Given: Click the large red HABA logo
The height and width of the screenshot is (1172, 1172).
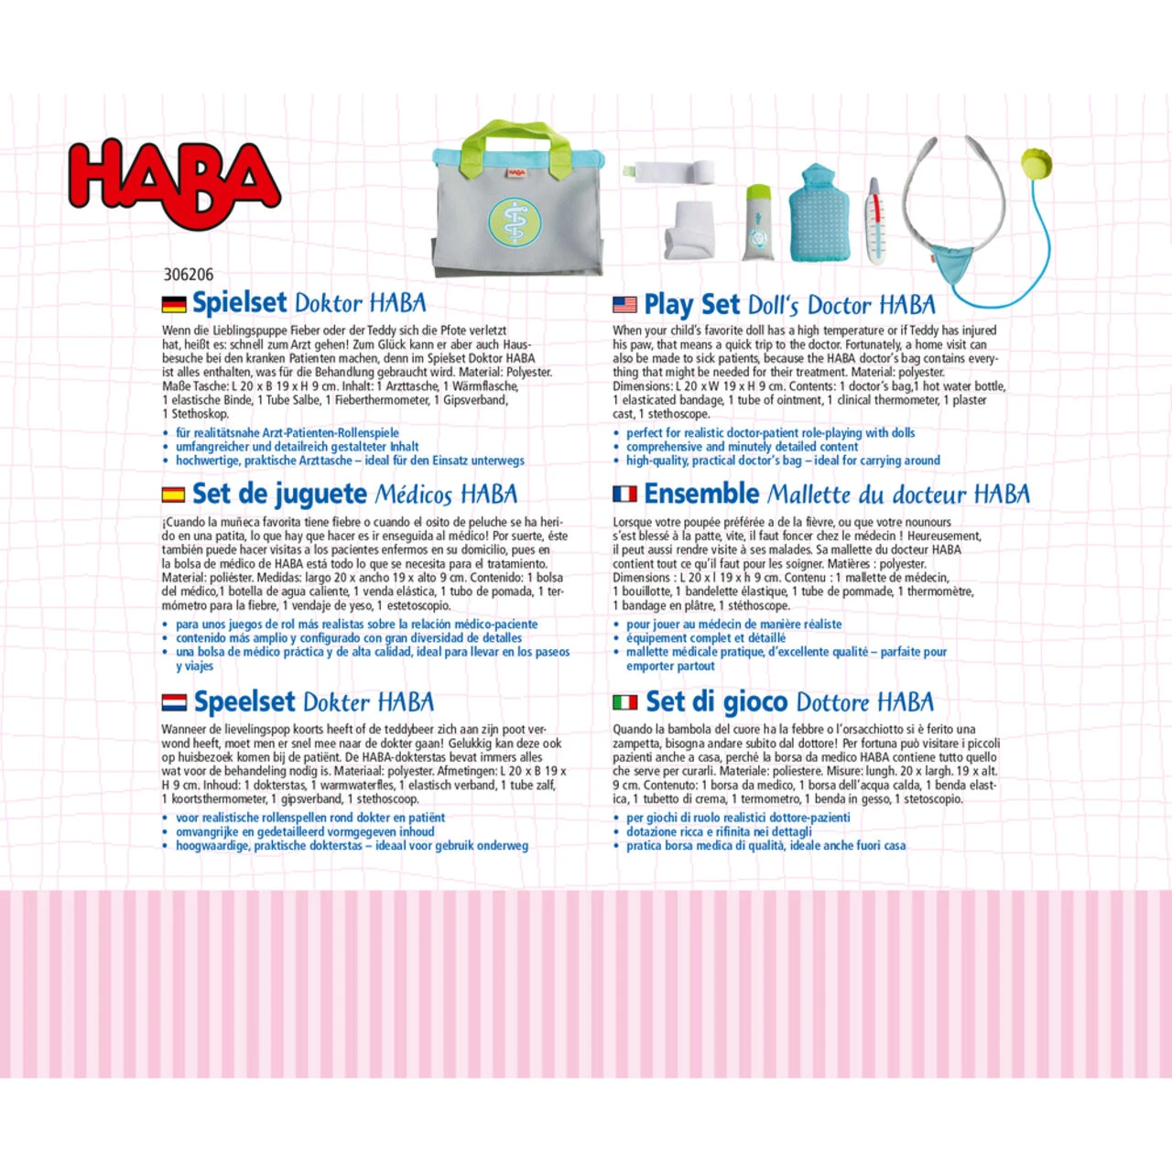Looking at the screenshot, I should coord(174,183).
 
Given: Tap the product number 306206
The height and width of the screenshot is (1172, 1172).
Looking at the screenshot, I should coord(188,274).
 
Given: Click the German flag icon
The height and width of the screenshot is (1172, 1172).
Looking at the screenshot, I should coord(173,305).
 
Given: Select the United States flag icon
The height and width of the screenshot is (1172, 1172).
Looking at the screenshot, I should coord(624,305).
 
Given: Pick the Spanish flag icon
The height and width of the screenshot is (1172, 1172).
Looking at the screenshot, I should coord(173,494).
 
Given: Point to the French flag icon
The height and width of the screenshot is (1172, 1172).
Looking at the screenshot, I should coord(624,494).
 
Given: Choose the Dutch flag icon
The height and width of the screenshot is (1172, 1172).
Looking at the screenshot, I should coord(173,702).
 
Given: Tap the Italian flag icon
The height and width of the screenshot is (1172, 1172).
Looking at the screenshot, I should coord(624,702).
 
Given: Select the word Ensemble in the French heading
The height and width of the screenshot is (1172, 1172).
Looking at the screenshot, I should coord(701,494).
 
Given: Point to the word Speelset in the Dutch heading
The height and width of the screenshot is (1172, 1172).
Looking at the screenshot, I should coord(244,702).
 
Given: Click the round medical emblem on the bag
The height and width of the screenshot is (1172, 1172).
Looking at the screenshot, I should coord(515,222).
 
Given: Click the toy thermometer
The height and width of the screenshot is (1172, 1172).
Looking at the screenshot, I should coord(874,222).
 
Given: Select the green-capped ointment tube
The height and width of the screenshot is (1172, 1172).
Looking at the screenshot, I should coord(757,223).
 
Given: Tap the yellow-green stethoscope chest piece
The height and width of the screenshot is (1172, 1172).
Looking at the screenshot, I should coord(1036,164).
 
